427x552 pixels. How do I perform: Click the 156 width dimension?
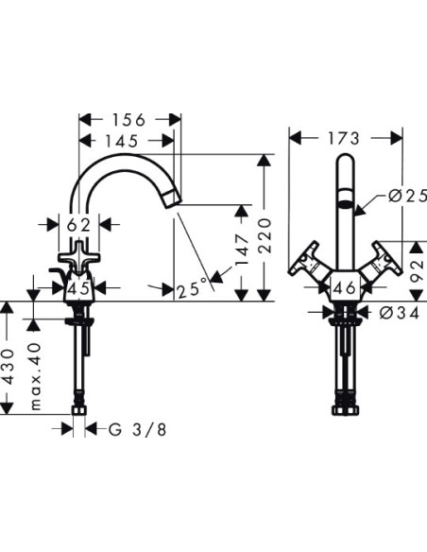coord(128,120)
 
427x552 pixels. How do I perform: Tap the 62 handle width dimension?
coord(79,225)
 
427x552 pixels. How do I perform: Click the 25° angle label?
coord(188,288)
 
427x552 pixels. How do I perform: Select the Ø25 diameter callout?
coord(407,196)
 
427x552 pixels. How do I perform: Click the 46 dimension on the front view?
coord(346,287)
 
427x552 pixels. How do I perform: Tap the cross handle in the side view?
coord(79,259)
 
